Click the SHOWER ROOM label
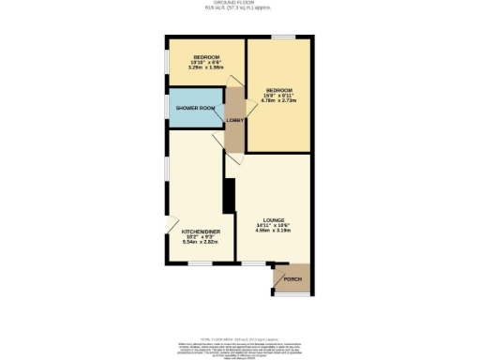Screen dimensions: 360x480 pos(195,109)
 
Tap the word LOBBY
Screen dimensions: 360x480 pos(234,120)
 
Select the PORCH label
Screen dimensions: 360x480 pos(292,279)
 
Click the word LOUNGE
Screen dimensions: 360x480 pos(274,219)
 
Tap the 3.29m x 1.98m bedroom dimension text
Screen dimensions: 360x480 pos(204,67)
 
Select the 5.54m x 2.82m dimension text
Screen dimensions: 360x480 pos(199,242)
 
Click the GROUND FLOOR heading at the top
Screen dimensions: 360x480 pos(240,4)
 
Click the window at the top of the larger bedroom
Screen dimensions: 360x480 pos(281,37)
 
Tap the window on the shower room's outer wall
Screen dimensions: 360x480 pos(167,109)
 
